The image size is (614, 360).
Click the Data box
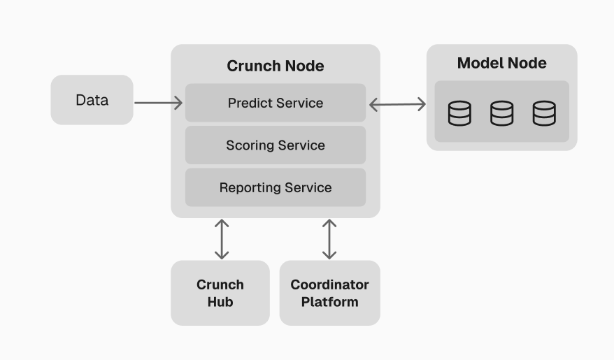click(92, 100)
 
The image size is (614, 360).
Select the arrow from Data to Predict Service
click(158, 103)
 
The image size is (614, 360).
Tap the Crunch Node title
click(276, 66)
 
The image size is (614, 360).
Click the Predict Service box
click(276, 103)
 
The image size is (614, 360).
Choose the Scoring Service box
click(276, 145)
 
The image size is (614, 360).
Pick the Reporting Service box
click(276, 187)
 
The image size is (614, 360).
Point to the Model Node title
click(501, 63)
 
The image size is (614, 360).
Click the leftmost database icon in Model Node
click(459, 113)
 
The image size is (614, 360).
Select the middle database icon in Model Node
click(501, 113)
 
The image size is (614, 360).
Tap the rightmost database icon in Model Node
click(544, 113)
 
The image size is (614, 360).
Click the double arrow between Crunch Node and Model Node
click(397, 104)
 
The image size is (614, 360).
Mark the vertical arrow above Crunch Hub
click(222, 239)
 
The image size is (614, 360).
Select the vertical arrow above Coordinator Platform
click(329, 239)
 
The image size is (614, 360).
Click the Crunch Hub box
click(220, 293)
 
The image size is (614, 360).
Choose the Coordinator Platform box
click(329, 293)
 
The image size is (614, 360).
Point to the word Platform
click(329, 302)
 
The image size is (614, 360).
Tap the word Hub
click(220, 302)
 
